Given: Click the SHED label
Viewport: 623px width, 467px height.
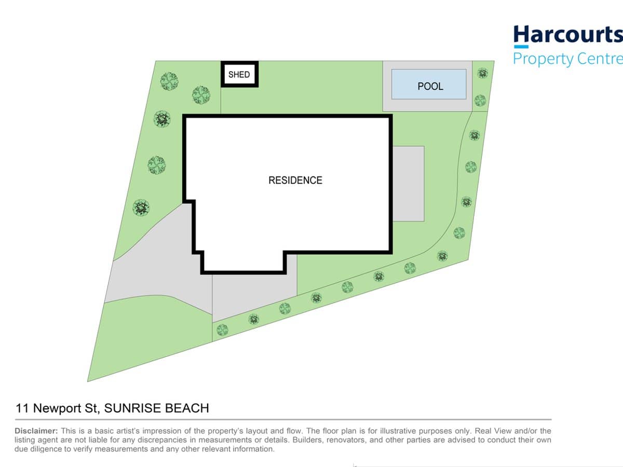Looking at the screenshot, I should [239, 74].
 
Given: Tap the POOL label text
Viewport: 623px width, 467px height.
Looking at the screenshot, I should [430, 86].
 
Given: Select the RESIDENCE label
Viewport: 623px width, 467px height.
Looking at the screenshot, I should [295, 180].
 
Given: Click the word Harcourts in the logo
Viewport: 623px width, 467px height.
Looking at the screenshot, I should [567, 34].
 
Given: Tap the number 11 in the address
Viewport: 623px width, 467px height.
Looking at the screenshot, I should [22, 408].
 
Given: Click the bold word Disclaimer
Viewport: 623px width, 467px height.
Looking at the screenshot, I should [36, 431].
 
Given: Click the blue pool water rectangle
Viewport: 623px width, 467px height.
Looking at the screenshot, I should [429, 84].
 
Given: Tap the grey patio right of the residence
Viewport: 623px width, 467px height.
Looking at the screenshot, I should [409, 184].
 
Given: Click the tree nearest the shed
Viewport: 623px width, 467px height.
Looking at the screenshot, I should [201, 94].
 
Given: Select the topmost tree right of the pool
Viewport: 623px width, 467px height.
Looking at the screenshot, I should [482, 73].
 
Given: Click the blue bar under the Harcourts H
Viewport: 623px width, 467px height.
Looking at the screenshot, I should [521, 47].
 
